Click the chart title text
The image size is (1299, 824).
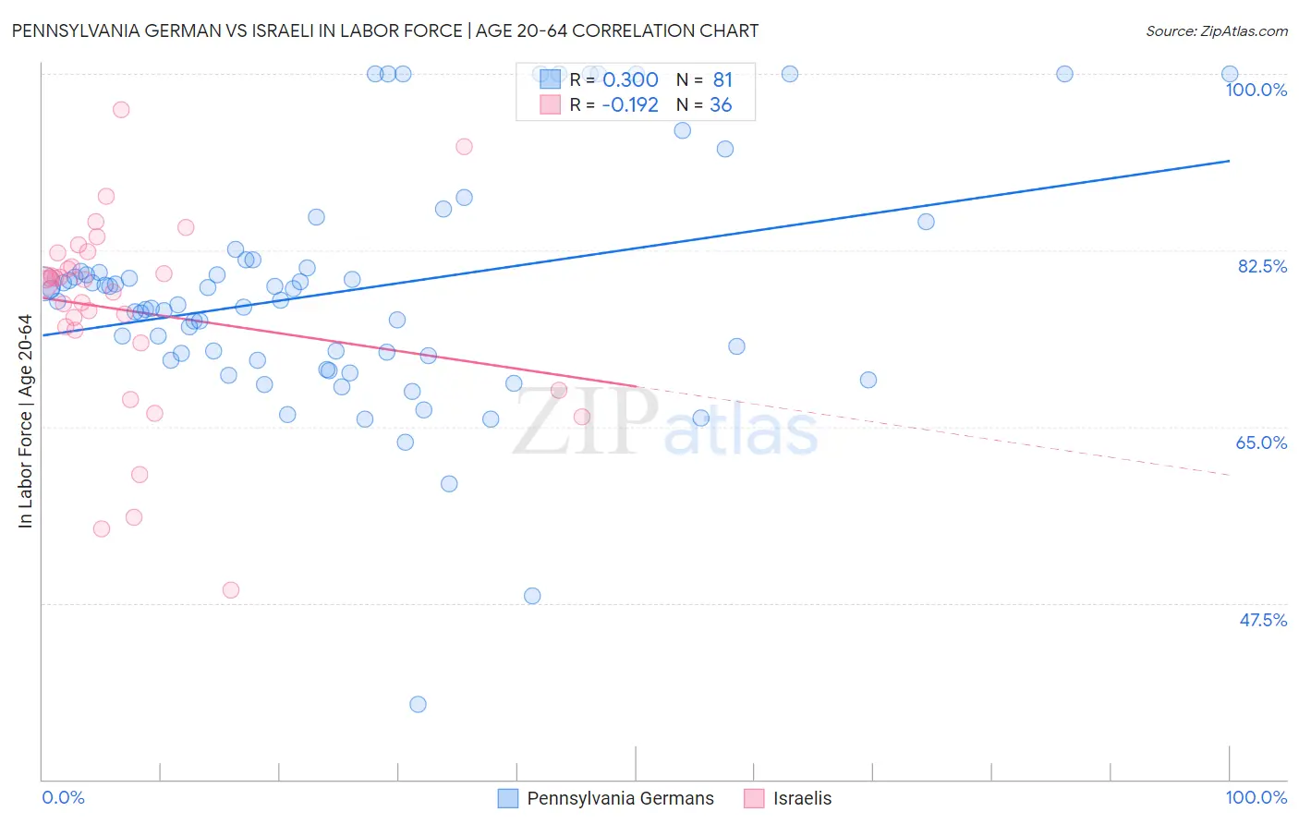pos(384,30)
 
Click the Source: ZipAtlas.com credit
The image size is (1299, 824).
pos(1216,30)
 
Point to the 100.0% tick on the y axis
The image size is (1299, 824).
pos(1256,90)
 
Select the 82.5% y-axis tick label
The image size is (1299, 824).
pos(1261,266)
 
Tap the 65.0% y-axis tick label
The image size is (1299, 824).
pos(1261,442)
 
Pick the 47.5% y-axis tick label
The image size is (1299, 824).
pos(1262,620)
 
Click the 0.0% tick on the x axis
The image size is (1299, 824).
pos(63,797)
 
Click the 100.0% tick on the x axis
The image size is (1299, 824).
pos(1256,797)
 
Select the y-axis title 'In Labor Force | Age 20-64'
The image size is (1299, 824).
pos(25,421)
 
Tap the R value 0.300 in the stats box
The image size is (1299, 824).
pos(630,79)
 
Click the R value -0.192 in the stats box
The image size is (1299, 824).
pos(629,104)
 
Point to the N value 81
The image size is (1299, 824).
pos(722,79)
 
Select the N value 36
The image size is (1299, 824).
pos(721,104)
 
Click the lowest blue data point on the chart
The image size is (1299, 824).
pos(418,704)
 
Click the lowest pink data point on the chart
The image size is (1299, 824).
pos(231,590)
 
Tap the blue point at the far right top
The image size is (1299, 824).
pos(1230,74)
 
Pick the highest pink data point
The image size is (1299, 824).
pos(121,110)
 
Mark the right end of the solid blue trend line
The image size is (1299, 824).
pos(1230,161)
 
